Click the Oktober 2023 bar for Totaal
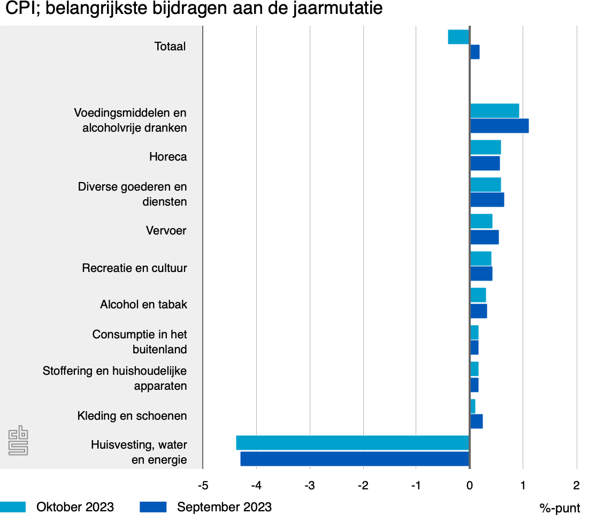click(458, 37)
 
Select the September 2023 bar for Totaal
click(475, 52)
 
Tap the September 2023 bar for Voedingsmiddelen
click(499, 126)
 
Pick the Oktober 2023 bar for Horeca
click(485, 147)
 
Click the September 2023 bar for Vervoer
click(484, 237)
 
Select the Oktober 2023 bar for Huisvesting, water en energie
click(353, 443)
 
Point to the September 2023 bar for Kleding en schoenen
click(476, 421)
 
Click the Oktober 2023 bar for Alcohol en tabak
click(478, 295)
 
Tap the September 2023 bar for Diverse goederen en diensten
click(487, 200)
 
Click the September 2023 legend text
click(224, 507)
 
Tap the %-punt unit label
click(560, 508)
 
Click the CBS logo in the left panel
click(18, 441)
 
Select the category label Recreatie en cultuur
click(134, 268)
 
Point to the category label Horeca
click(168, 157)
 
